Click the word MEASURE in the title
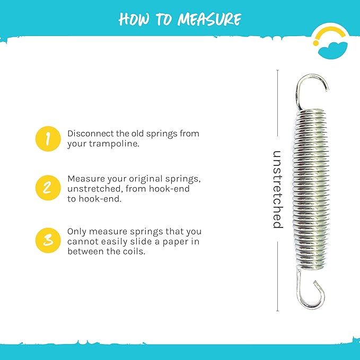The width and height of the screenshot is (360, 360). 209,20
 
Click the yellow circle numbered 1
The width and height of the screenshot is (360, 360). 48,139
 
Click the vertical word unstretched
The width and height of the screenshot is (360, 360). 277,189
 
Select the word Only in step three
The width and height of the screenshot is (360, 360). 76,232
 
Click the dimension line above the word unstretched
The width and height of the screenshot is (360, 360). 277,106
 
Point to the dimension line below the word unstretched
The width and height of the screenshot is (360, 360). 277,276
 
